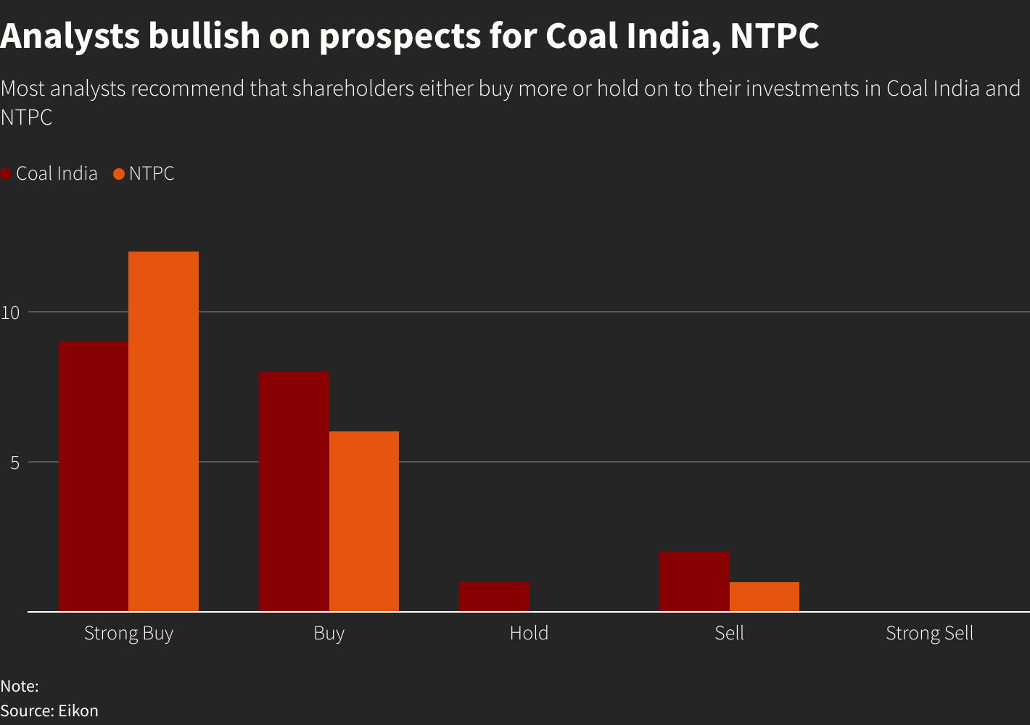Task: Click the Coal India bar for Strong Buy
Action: click(x=94, y=476)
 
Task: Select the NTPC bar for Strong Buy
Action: click(x=163, y=431)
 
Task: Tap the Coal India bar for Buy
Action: click(x=294, y=492)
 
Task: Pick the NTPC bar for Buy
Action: click(x=363, y=521)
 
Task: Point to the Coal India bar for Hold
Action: click(x=494, y=597)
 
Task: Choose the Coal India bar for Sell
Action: click(x=694, y=581)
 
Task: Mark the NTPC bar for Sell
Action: click(x=764, y=597)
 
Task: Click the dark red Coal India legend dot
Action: click(x=6, y=174)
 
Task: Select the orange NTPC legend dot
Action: click(x=120, y=174)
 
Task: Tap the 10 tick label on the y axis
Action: click(x=9, y=312)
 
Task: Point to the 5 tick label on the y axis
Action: click(x=15, y=463)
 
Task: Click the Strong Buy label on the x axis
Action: click(x=128, y=633)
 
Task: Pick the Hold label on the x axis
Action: click(x=529, y=633)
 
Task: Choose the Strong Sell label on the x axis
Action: click(x=929, y=633)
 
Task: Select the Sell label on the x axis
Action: click(x=729, y=633)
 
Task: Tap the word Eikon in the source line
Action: click(x=78, y=710)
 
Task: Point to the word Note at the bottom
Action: click(x=17, y=686)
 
